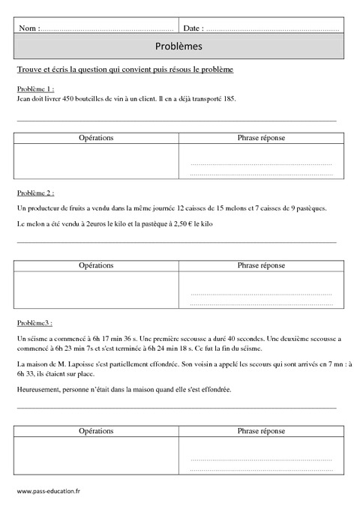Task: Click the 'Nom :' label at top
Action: [28, 28]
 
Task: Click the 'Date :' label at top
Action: [193, 28]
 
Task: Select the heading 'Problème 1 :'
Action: [34, 88]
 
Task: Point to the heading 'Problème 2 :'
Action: [34, 193]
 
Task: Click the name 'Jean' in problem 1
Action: [22, 97]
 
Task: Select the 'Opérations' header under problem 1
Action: [96, 139]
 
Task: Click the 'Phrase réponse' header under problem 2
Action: [261, 265]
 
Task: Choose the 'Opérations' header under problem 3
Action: [96, 432]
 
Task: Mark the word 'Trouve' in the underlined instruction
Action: [28, 70]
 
